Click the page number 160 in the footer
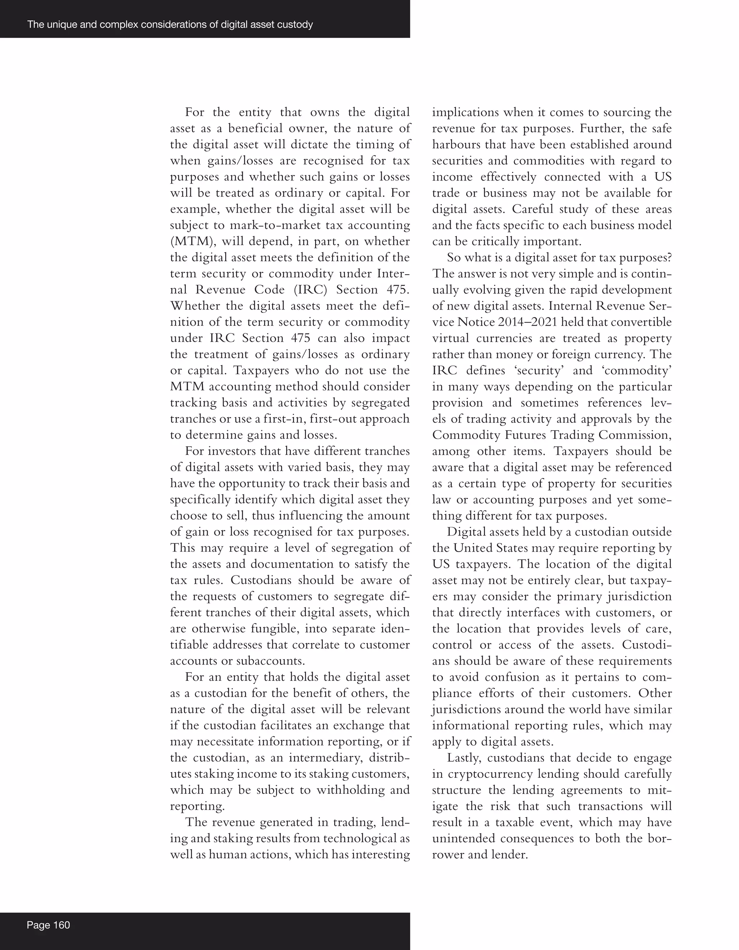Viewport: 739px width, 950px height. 61,925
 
